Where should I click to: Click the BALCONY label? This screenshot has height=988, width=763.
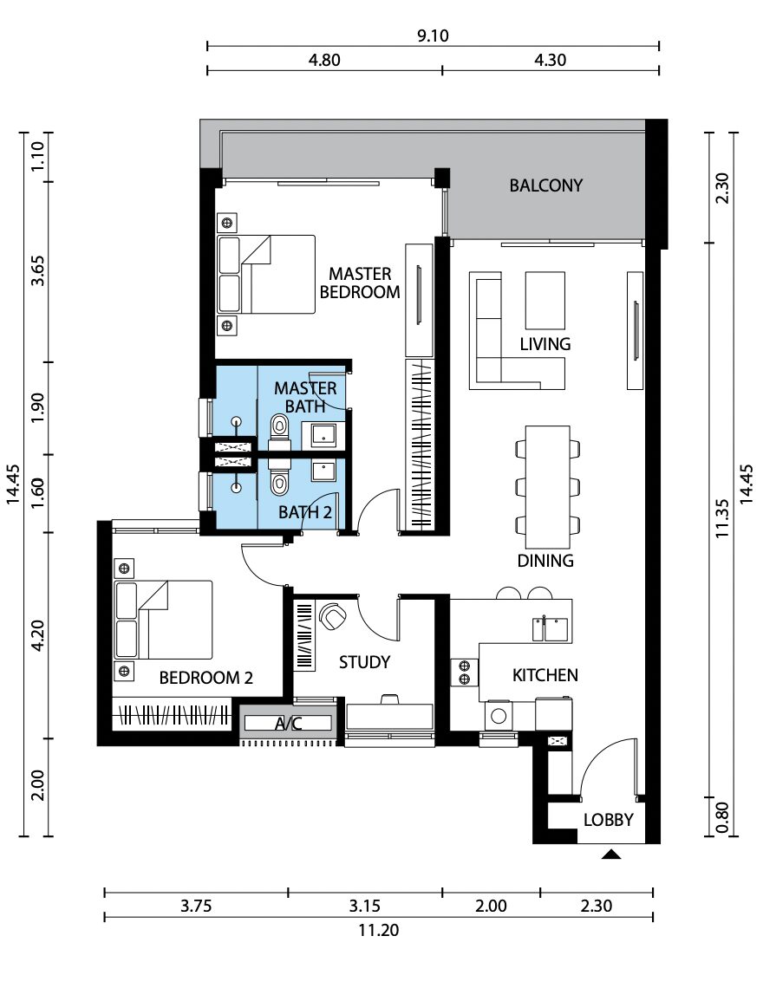(x=545, y=185)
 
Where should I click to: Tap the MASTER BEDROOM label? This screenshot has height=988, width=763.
(x=360, y=283)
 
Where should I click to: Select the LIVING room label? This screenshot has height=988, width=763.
(x=545, y=344)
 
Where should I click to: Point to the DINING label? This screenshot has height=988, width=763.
(x=545, y=560)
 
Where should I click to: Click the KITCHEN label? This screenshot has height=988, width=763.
(x=545, y=675)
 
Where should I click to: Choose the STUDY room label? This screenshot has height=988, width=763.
(x=364, y=662)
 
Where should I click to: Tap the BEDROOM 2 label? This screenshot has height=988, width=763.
(x=206, y=678)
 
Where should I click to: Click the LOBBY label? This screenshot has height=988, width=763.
(x=608, y=820)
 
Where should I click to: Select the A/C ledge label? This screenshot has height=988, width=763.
(x=288, y=724)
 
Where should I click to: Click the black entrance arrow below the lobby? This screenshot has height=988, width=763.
(x=611, y=855)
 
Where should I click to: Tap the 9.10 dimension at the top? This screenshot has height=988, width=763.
(x=433, y=36)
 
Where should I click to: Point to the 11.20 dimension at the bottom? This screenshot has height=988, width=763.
(x=378, y=930)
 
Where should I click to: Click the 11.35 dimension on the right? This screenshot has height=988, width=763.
(x=722, y=518)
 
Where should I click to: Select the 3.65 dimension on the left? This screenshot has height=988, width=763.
(x=38, y=270)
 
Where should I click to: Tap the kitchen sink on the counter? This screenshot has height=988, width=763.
(x=550, y=629)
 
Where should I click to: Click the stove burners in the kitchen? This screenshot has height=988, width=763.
(x=465, y=673)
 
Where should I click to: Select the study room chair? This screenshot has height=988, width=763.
(x=332, y=615)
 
